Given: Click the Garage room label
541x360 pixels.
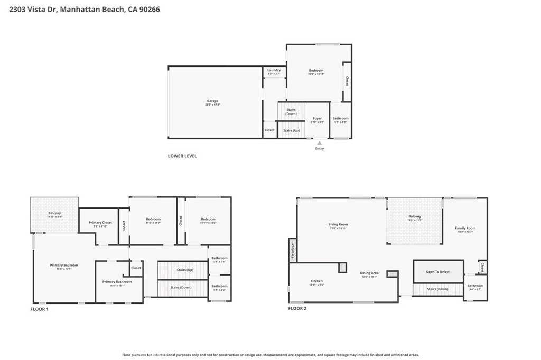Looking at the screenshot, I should coord(212,101).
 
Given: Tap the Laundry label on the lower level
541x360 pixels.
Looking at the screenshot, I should coord(274,70).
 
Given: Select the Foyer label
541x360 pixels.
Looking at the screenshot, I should coord(317,119).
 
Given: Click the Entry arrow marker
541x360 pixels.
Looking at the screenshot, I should coord(319,143).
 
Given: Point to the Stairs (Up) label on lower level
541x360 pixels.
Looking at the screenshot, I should coord(291,130).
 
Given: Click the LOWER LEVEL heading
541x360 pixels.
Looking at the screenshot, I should coord(182,156).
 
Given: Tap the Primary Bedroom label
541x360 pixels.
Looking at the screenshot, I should coord(64,265).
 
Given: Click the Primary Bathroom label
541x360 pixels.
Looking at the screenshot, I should coord(117,282).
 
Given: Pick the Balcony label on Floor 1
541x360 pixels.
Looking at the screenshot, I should coord(54,213).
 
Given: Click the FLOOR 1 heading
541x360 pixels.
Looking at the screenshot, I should coord(39,309).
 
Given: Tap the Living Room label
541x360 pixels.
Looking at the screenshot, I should coord(338,224).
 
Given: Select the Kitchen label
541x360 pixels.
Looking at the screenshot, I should coord(316,281).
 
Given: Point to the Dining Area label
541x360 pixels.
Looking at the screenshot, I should coord(369,273).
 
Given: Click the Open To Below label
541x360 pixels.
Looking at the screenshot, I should coord(437,272).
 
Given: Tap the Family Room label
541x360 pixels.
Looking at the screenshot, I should coord(465,228).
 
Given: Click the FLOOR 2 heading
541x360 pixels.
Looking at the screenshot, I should coord(297,308).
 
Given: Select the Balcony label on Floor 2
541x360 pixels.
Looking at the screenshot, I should coord(415,216).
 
